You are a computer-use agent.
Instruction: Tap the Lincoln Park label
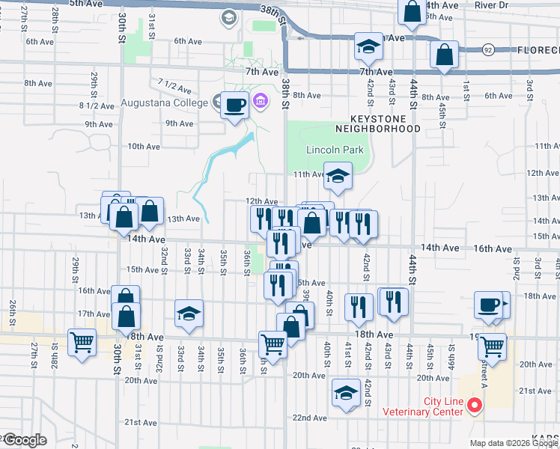[335, 150]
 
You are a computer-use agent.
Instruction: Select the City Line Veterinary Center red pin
[473, 406]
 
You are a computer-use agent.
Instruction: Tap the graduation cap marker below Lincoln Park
[338, 177]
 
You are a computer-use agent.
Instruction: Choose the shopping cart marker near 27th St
[82, 343]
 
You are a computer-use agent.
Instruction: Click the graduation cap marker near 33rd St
[189, 314]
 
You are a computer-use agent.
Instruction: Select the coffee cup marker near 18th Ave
[488, 305]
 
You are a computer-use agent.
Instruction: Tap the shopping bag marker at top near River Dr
[413, 11]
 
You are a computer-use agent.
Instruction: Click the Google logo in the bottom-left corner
[24, 440]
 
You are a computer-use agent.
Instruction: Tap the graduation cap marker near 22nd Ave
[345, 393]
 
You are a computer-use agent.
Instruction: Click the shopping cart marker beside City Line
[493, 346]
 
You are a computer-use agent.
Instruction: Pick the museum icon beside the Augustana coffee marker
[261, 100]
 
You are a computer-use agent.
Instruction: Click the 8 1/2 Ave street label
[97, 106]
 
